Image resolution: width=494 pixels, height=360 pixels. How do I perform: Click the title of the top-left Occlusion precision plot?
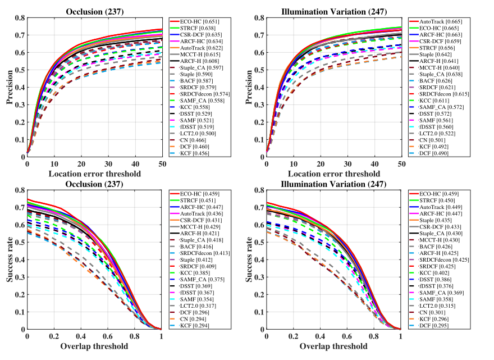tap(94, 11)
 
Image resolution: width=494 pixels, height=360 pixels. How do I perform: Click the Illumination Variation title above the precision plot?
tap(333, 11)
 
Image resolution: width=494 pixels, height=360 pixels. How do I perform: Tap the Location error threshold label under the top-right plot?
tap(333, 174)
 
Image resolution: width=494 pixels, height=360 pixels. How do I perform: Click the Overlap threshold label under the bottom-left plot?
tap(94, 346)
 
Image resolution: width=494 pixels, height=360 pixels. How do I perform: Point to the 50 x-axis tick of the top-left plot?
tap(162, 163)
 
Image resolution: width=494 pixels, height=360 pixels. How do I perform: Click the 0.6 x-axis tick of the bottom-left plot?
tap(108, 336)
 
